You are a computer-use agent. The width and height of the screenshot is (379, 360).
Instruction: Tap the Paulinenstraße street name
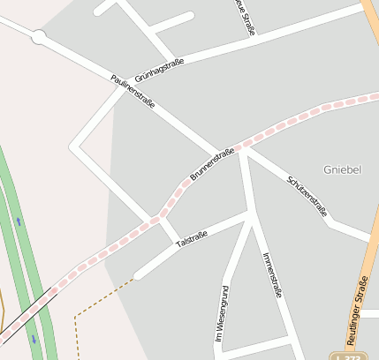[x=133, y=92]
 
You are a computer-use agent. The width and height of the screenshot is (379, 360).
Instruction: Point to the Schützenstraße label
[x=307, y=195]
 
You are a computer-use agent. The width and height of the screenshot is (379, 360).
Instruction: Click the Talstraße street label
[x=192, y=237]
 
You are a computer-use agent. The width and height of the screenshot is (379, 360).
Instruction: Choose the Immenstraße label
[x=271, y=274]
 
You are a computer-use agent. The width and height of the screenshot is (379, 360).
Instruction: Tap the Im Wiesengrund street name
[x=222, y=313]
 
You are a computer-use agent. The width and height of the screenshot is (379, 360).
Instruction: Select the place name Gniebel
[x=342, y=169]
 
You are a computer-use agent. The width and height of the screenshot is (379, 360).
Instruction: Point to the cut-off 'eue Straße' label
[x=245, y=16]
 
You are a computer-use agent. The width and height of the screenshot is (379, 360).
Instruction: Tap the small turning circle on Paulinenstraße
[x=38, y=37]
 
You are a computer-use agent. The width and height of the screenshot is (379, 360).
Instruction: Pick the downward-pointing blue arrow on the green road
[x=34, y=338]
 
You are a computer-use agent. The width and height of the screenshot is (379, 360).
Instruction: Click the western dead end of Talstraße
[x=138, y=274]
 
